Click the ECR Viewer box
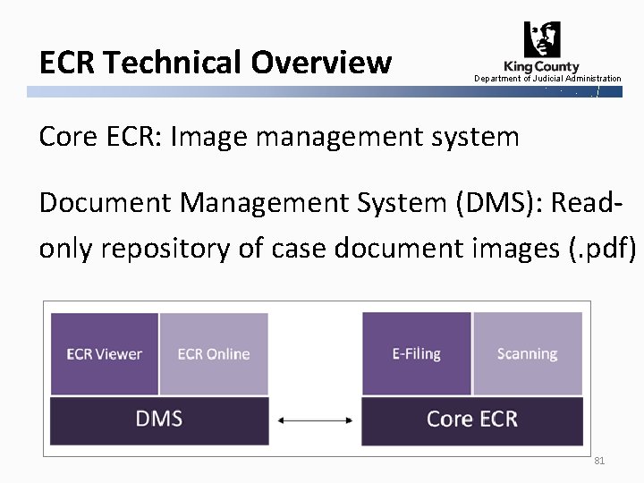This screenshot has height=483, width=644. point(105,354)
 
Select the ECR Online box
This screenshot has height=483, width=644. point(214,354)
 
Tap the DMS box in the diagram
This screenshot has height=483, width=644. point(159,419)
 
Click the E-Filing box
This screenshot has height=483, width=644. point(416,354)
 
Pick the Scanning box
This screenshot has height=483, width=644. point(527,354)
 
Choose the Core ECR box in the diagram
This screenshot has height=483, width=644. point(471,419)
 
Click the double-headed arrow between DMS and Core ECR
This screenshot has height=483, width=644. point(314,419)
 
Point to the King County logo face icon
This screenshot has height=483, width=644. point(543,40)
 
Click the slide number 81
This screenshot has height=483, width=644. point(599,461)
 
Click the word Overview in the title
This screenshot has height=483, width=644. point(321,63)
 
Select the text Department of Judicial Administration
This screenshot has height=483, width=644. point(547,79)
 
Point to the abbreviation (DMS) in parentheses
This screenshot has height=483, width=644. point(488,204)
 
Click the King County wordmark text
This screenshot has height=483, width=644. point(541,66)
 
